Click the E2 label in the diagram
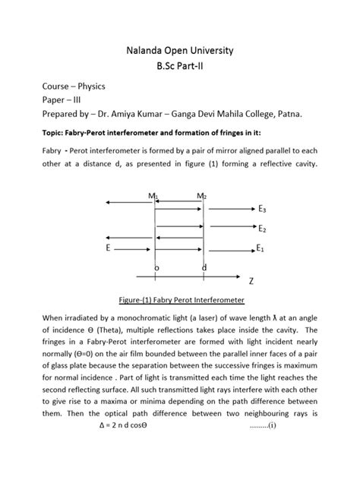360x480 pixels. point(261,229)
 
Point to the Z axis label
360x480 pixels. point(251,281)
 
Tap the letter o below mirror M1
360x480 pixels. point(156,269)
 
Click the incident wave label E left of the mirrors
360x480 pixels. point(109,248)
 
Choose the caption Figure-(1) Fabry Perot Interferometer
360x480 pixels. point(179,299)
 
